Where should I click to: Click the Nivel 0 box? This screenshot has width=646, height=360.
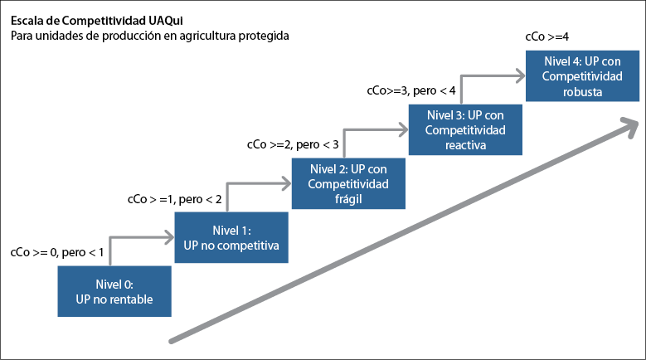click(114, 292)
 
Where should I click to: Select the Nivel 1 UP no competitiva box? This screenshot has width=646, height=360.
click(231, 238)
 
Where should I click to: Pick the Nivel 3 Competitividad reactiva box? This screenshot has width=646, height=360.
click(465, 129)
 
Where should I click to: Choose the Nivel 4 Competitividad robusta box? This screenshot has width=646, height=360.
click(582, 75)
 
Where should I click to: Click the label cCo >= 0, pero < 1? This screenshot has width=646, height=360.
click(56, 253)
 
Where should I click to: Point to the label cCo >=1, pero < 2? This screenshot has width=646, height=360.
click(174, 200)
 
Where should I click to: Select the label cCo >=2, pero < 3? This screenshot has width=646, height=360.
click(293, 144)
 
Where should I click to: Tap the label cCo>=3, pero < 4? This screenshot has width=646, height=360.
click(411, 90)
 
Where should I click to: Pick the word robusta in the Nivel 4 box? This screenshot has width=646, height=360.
click(582, 91)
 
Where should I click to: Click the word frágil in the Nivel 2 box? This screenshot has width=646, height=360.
click(348, 200)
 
